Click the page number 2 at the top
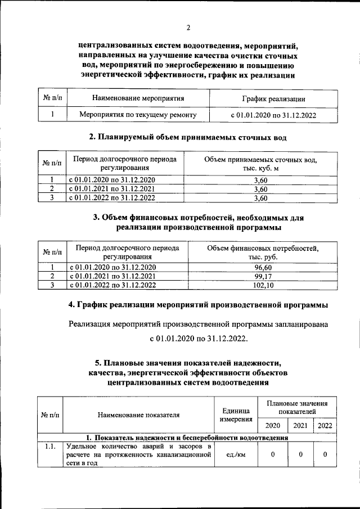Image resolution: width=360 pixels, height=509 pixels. pyautogui.click(x=188, y=28)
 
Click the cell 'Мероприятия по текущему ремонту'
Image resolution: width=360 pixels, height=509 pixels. pyautogui.click(x=138, y=115)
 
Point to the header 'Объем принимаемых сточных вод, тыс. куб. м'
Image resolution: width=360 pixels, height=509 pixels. pyautogui.click(x=260, y=164)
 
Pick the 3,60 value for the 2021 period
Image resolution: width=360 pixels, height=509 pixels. pyautogui.click(x=260, y=189)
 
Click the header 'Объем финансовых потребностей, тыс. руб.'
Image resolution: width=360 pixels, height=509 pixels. pyautogui.click(x=263, y=252)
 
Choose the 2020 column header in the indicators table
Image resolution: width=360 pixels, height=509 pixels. pyautogui.click(x=272, y=426)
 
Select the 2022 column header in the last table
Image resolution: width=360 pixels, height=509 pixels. pyautogui.click(x=325, y=426)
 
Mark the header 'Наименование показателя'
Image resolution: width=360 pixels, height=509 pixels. pyautogui.click(x=138, y=415)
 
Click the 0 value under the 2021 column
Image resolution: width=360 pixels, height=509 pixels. pyautogui.click(x=300, y=455)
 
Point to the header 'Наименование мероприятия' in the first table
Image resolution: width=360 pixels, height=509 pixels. pyautogui.click(x=138, y=99)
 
